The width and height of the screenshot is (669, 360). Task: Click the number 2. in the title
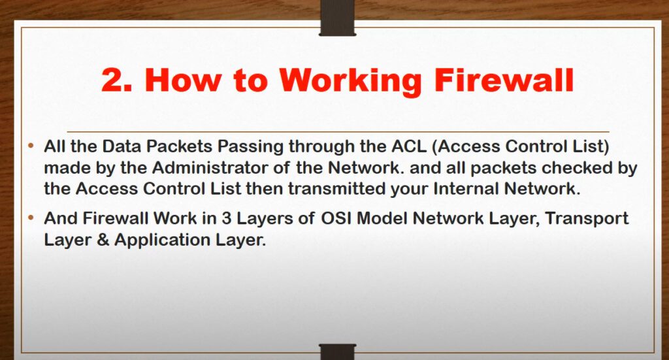(x=116, y=80)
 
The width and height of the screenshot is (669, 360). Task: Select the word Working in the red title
(x=350, y=81)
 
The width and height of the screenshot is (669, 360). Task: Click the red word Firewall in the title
(x=504, y=80)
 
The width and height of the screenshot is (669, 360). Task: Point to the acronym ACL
(x=409, y=146)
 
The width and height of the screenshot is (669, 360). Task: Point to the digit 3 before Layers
(x=226, y=218)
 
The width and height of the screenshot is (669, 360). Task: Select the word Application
(x=163, y=240)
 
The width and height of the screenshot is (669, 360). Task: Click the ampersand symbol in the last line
(x=103, y=240)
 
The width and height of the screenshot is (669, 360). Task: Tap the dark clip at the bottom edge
(x=337, y=352)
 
